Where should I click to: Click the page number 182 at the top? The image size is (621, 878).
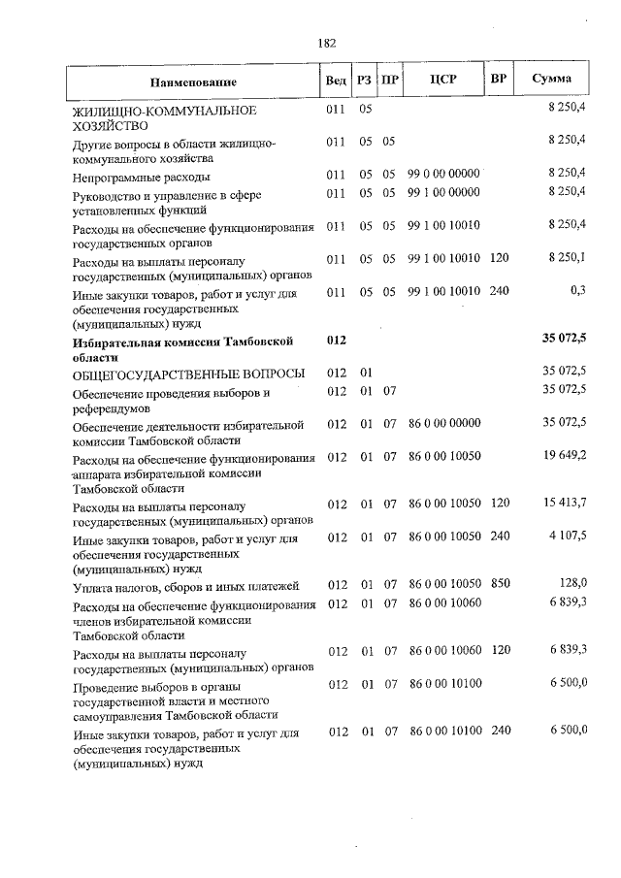tap(326, 43)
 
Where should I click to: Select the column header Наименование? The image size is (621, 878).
tap(193, 81)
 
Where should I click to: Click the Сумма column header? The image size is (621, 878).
tap(551, 79)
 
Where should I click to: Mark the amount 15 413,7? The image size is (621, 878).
tap(566, 503)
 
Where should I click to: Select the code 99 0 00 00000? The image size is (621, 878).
tap(444, 173)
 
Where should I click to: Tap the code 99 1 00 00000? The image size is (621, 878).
tap(444, 192)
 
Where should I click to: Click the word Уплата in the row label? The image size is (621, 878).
tap(93, 586)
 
